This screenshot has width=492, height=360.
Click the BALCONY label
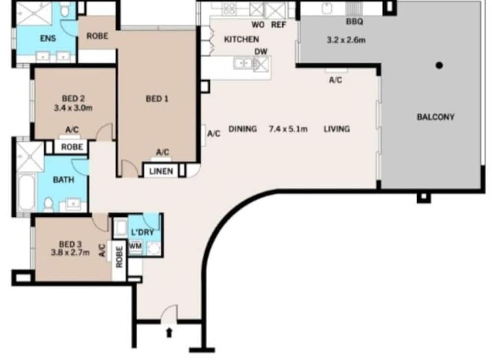[x=435, y=117]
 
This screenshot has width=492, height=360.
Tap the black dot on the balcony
[x=439, y=65]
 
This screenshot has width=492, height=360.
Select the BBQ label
[x=354, y=22]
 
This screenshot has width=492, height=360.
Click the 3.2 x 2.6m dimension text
[x=346, y=40]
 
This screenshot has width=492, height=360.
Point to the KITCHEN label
[x=242, y=39]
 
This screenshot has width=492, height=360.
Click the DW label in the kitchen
[x=261, y=52]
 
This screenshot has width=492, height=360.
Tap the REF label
[x=278, y=24]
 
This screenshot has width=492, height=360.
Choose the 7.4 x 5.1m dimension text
[x=288, y=129]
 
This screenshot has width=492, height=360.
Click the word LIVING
[x=337, y=129]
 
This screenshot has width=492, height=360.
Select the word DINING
[x=243, y=129]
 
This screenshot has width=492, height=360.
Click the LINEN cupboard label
[x=161, y=171]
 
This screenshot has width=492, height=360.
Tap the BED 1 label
[x=157, y=99]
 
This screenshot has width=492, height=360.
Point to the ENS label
[x=48, y=38]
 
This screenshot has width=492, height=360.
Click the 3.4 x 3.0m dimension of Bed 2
[x=73, y=108]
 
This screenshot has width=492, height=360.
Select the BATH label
[x=63, y=180]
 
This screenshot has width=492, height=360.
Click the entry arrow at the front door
[x=169, y=333]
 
